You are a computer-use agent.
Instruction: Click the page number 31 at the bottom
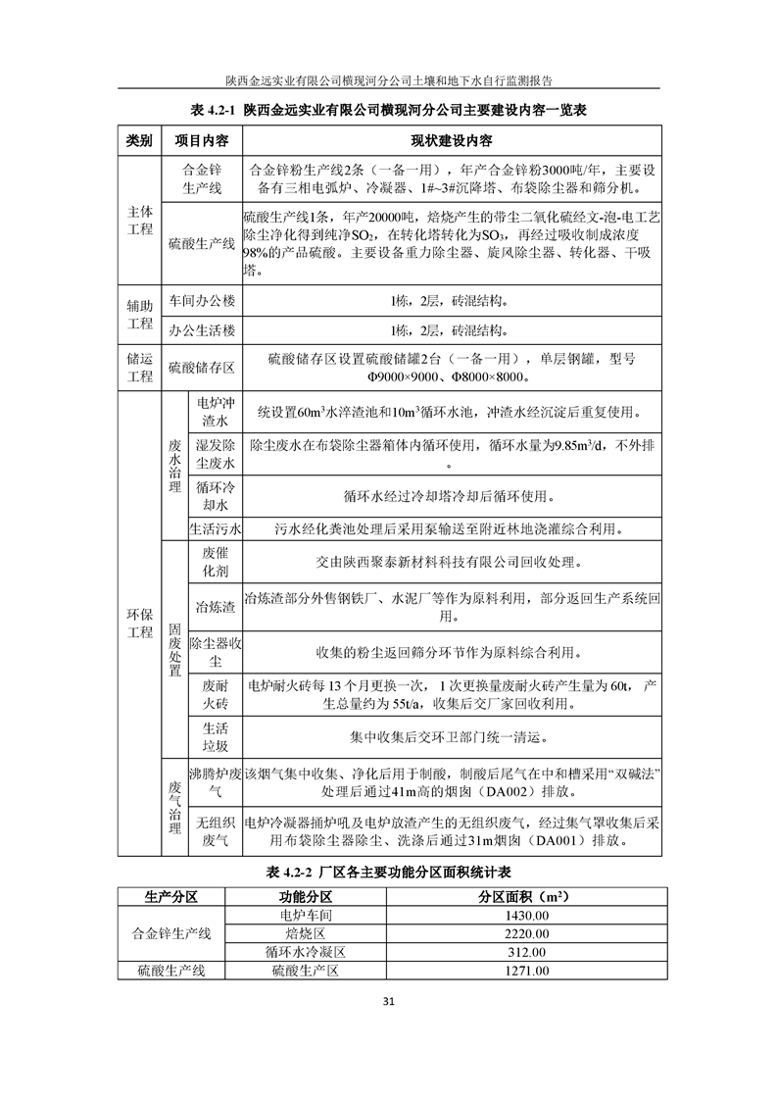click(388, 1001)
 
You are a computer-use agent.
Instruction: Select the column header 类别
click(139, 140)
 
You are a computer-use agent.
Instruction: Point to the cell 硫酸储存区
click(202, 368)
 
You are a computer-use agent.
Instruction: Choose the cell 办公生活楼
click(202, 330)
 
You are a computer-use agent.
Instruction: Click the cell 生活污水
click(213, 529)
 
